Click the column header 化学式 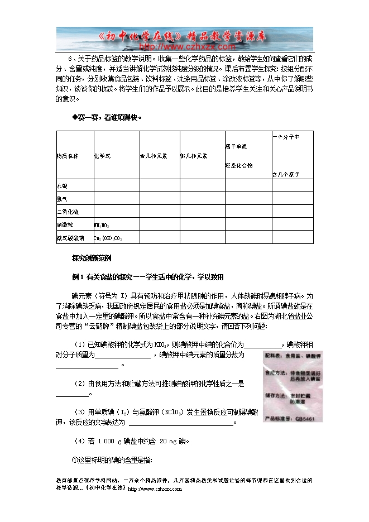click(x=103, y=155)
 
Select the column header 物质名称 click(x=68, y=155)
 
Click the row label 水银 click(x=61, y=185)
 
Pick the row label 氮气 click(x=61, y=198)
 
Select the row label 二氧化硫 click(x=65, y=212)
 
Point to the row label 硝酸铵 click(x=63, y=224)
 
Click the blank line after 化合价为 click(x=265, y=345)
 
